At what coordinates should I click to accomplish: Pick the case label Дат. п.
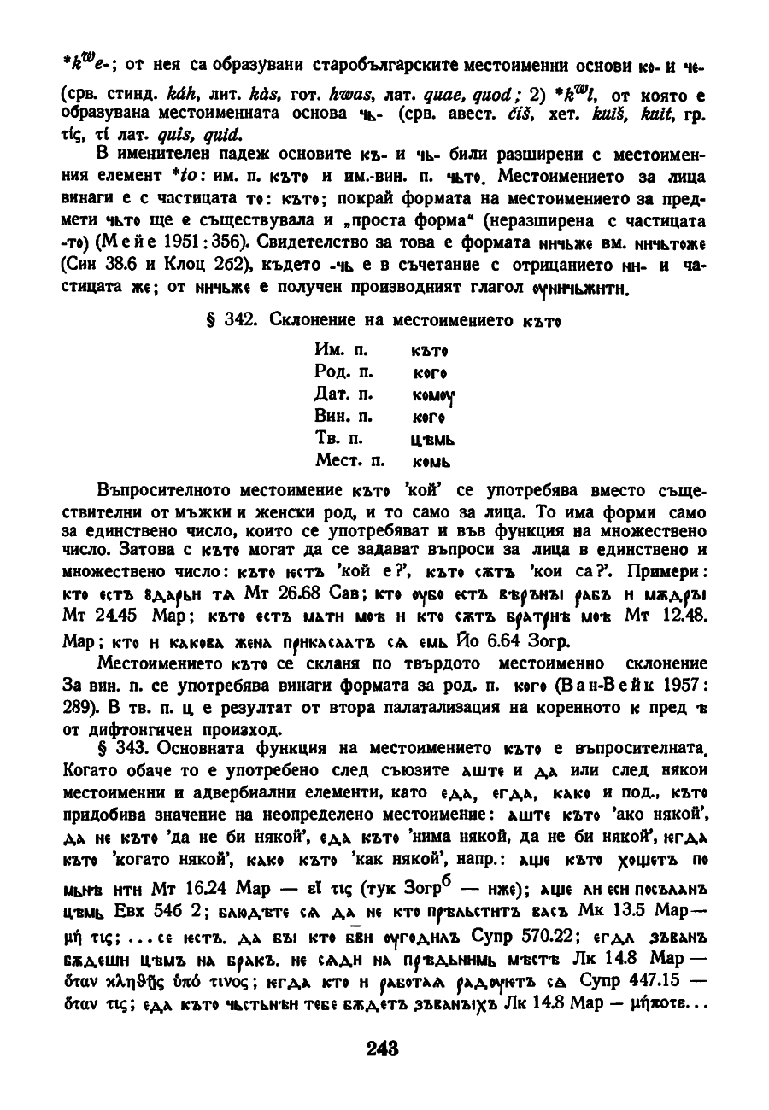(x=341, y=395)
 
